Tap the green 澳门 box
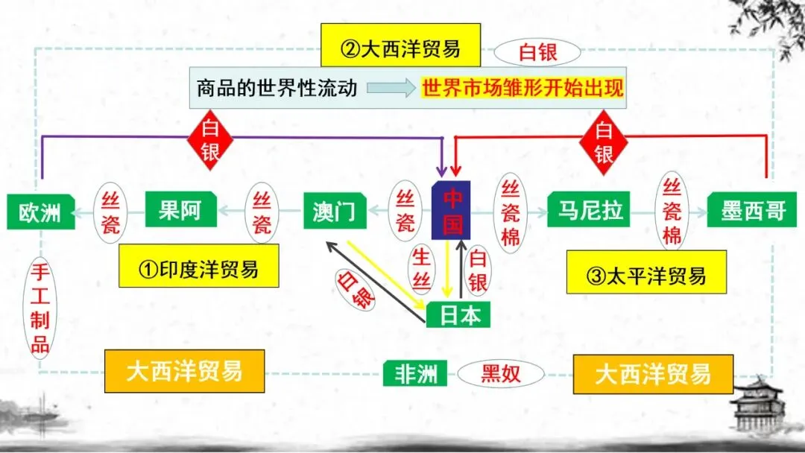pos(335,212)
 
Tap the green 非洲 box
pos(415,373)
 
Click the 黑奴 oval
pos(500,373)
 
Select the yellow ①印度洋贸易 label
pos(198,267)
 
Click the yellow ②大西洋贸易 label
pos(400,49)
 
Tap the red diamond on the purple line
pos(210,140)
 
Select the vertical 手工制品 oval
pos(40,306)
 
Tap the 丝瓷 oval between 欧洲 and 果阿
pos(110,212)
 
